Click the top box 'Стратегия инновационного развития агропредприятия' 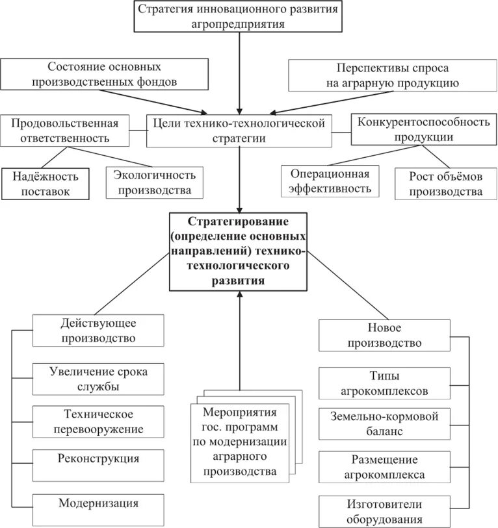pos(239,16)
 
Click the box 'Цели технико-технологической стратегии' pos(239,131)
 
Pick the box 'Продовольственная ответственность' pos(64,131)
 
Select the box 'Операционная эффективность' pos(330,181)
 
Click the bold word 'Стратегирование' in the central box pos(239,221)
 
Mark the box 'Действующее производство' pos(99,330)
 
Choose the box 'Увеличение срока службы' pos(99,379)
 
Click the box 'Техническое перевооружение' pos(99,421)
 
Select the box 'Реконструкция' pos(99,459)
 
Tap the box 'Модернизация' pos(99,503)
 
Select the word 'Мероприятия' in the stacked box pos(240,412)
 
